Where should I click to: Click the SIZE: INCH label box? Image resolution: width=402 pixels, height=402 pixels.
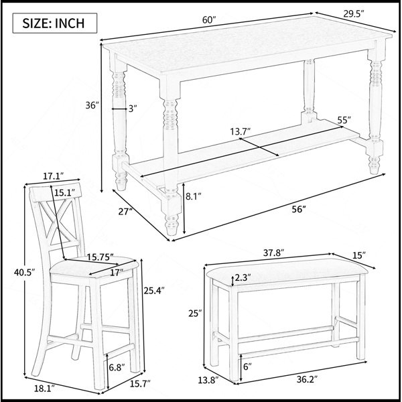[x=55, y=23]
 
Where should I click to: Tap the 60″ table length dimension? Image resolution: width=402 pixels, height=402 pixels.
[x=209, y=19]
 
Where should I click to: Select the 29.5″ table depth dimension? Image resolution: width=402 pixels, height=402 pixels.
[x=354, y=14]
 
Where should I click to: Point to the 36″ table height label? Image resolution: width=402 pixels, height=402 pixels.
[x=92, y=105]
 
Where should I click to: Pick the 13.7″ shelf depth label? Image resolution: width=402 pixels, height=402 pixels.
[x=241, y=131]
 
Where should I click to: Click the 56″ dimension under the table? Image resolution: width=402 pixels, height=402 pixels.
[x=299, y=210]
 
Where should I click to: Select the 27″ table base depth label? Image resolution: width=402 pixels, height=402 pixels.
[x=126, y=212]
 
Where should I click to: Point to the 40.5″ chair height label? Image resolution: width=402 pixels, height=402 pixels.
[x=24, y=272]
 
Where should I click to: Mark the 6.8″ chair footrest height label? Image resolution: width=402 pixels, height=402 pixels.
[x=117, y=367]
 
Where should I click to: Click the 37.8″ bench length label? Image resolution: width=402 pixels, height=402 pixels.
[x=274, y=253]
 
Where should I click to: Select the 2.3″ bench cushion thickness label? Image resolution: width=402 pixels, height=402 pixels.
[x=243, y=277]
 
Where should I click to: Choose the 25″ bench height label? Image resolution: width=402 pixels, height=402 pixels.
[x=196, y=313]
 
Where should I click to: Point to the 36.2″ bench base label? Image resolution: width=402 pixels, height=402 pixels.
[x=307, y=379]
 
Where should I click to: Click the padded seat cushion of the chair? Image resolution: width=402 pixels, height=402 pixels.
[x=94, y=267]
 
